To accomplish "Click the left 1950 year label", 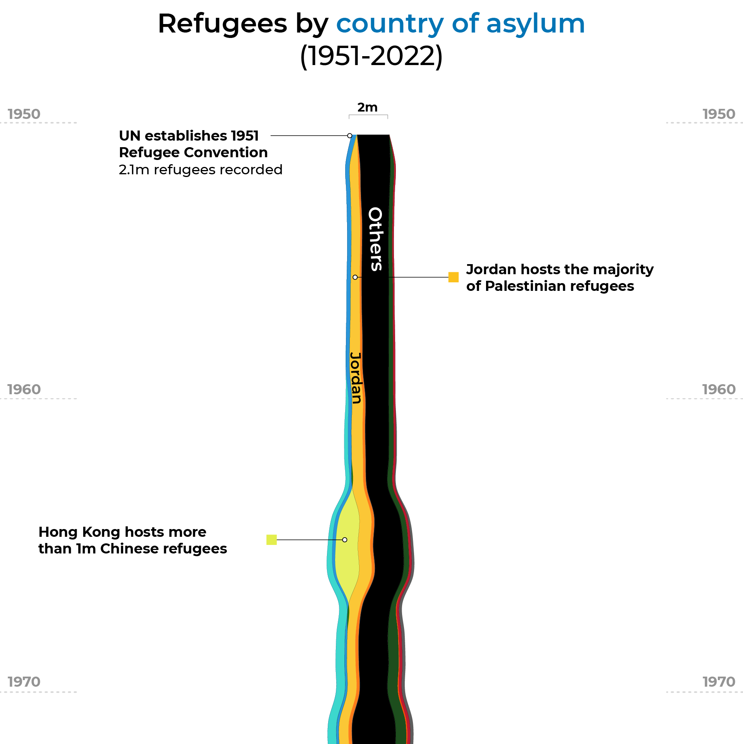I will [24, 114].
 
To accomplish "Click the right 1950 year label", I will [719, 114].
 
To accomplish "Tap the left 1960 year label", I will [24, 390].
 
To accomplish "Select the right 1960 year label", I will [719, 390].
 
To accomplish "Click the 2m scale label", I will [367, 107].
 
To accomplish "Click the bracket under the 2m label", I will [368, 115].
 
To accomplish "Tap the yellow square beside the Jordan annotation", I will [453, 277].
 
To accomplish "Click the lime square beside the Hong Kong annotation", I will [272, 540].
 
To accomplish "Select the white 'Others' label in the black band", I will [375, 239].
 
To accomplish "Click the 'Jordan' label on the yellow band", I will [356, 378].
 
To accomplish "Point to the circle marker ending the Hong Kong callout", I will [344, 540].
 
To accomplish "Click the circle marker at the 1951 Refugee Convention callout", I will [349, 136].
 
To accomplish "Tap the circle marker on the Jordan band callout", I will [355, 277].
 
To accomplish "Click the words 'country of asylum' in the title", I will [460, 24].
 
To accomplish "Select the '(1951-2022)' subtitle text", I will [371, 57].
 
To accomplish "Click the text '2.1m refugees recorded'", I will [200, 170].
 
